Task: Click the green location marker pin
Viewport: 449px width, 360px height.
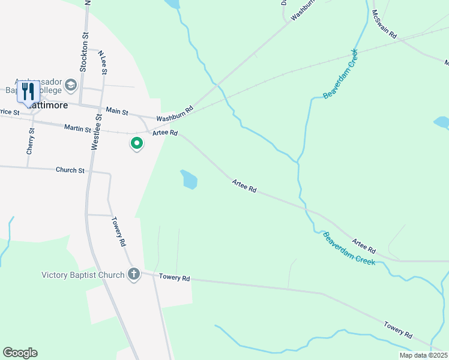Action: point(137,144)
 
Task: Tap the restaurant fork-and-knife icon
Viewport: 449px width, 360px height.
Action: point(28,92)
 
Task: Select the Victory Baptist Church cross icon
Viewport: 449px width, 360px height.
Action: point(133,275)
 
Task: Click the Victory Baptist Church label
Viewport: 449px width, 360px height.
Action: point(83,275)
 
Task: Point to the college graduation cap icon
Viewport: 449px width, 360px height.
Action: point(71,85)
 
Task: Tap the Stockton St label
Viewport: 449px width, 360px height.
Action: point(84,52)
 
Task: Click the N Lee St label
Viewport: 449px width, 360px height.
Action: point(104,62)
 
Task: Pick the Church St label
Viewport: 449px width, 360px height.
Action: point(70,170)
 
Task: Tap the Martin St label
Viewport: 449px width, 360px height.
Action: point(77,128)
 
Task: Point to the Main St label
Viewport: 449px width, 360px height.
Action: point(117,111)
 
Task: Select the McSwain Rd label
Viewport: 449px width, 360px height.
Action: point(384,25)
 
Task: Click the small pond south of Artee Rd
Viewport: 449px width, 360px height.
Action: point(189,179)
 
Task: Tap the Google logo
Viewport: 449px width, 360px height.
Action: point(20,353)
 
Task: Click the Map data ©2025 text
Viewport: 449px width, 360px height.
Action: point(423,355)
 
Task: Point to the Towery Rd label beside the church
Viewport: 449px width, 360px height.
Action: point(174,278)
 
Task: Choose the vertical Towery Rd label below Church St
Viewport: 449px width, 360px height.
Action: point(118,232)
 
